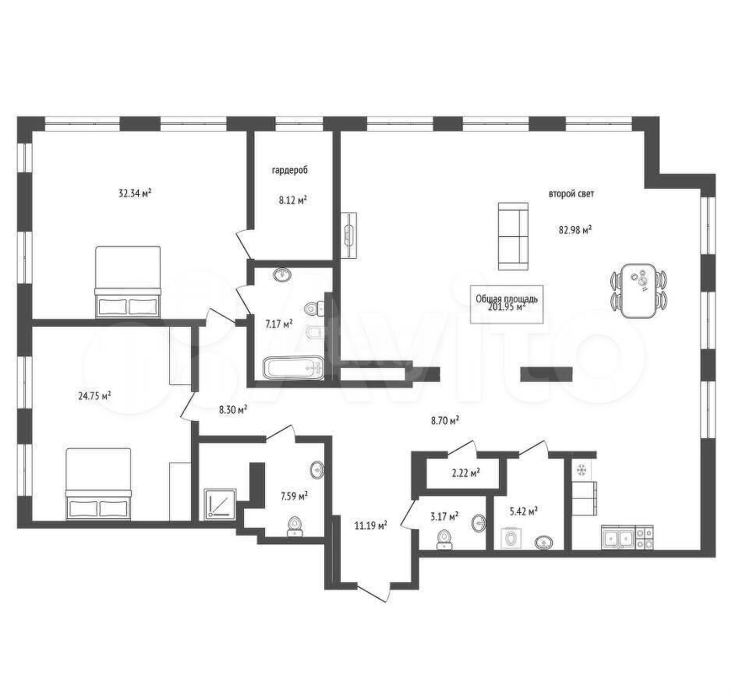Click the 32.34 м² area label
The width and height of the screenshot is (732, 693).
(x=136, y=193)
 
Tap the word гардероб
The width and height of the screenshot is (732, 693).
(x=290, y=171)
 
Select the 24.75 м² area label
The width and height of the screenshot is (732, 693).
(x=94, y=396)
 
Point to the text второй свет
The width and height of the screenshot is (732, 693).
(x=571, y=193)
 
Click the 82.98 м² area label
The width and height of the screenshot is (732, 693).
(x=575, y=229)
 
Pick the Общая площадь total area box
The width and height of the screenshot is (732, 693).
(x=507, y=304)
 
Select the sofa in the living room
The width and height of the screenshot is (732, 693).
(x=514, y=236)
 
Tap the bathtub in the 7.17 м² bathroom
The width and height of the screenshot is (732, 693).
(x=292, y=368)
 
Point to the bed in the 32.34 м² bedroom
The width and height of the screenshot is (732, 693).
(x=128, y=282)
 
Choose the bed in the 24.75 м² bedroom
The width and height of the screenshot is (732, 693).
(x=98, y=483)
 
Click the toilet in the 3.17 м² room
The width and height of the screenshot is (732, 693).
(x=444, y=539)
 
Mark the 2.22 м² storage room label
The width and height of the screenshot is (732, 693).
(x=466, y=473)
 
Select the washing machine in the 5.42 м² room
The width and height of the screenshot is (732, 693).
(x=513, y=539)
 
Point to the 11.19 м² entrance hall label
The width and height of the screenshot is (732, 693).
(x=370, y=526)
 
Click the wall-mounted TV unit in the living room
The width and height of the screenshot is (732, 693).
(x=349, y=235)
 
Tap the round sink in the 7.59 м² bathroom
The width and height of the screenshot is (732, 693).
(x=317, y=469)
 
